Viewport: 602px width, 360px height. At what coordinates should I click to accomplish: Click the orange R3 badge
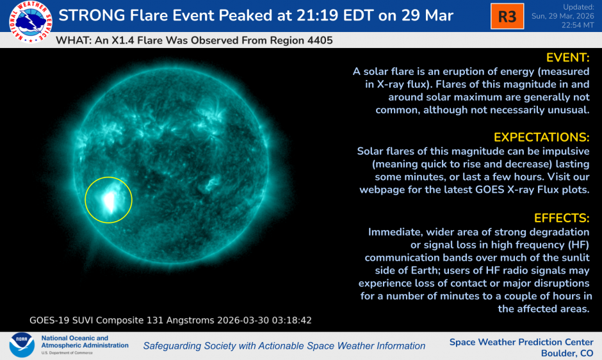pos(507,17)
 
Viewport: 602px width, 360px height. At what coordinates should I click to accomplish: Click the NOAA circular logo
pos(21,345)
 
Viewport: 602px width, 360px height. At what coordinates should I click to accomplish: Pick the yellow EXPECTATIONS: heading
pos(541,137)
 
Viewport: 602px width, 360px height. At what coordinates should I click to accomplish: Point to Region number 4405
pos(318,40)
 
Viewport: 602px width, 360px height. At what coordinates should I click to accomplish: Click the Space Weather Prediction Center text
pos(521,341)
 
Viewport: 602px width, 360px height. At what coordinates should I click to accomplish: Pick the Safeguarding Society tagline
pos(284,346)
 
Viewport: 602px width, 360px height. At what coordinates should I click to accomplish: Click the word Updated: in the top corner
pos(579,6)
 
